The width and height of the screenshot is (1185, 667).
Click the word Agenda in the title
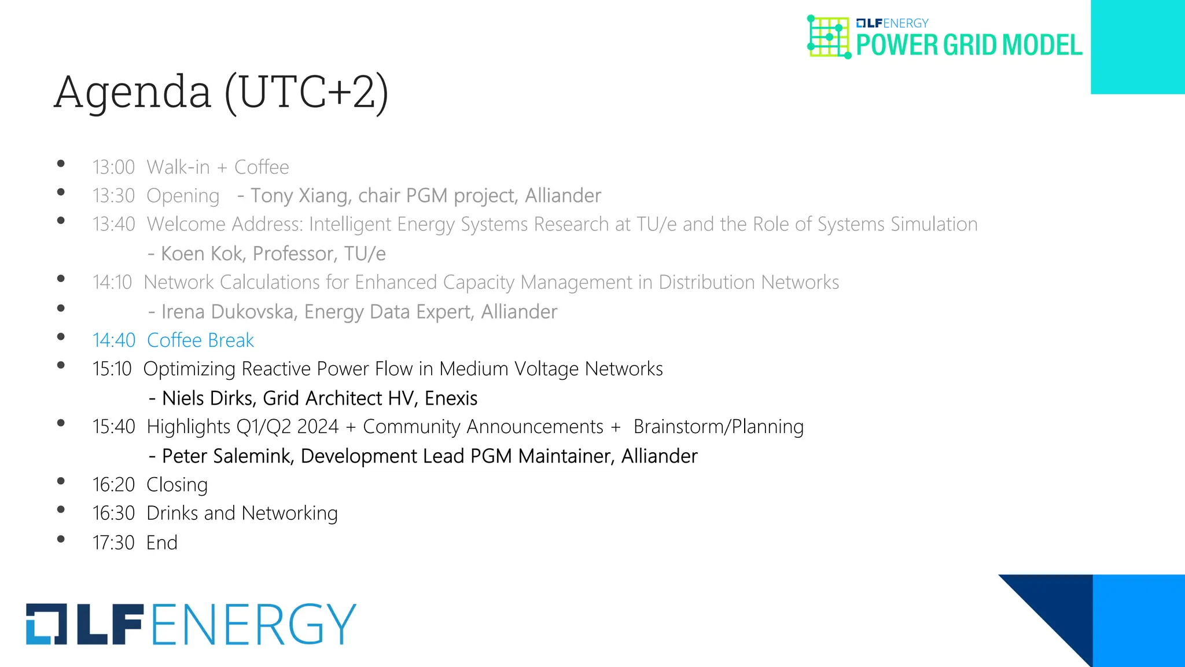point(133,93)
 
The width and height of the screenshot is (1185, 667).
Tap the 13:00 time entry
point(113,167)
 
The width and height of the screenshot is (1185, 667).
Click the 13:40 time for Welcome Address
point(113,224)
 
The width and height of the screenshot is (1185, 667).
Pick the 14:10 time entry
point(112,283)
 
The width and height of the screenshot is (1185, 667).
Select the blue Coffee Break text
point(200,340)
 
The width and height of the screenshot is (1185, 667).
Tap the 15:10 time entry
point(112,369)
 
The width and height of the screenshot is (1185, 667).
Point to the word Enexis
point(451,398)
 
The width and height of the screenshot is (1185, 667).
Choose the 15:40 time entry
point(113,427)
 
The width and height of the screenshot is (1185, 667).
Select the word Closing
point(176,485)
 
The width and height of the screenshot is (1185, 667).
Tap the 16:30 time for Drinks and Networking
point(113,514)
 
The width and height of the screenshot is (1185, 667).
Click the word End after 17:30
point(161,543)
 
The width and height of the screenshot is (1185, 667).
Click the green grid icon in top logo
point(829,37)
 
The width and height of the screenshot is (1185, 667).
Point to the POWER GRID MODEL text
point(969,45)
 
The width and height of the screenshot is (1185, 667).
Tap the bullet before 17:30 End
point(61,539)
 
